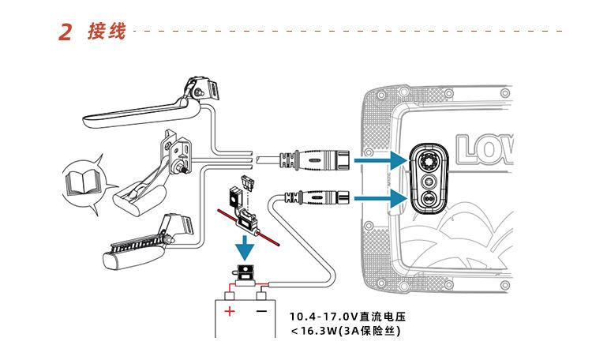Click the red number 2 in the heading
[x=66, y=33]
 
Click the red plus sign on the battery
[x=230, y=311]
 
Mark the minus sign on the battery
[x=260, y=311]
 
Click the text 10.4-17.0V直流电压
[x=351, y=317]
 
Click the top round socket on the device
[x=429, y=162]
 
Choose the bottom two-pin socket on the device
[x=429, y=199]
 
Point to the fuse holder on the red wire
[x=249, y=220]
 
